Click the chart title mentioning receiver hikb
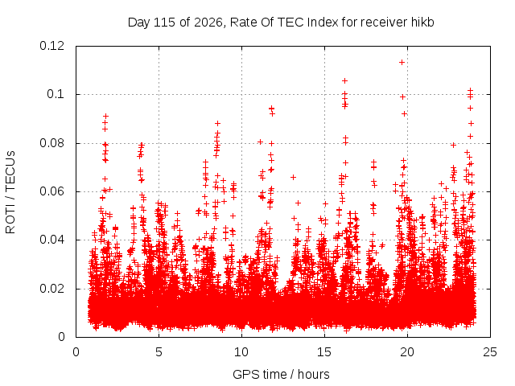coord(281,23)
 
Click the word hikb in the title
coord(422,23)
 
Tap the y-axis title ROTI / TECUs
coord(10,192)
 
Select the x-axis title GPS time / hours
coord(281,374)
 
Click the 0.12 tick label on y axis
coord(51,46)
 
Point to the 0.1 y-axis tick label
coord(56,94)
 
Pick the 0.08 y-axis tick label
coord(51,143)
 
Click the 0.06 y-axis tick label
coord(51,191)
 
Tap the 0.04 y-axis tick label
coord(51,240)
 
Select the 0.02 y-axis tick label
coord(51,289)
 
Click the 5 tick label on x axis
coord(159,352)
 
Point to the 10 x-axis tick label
coord(241,352)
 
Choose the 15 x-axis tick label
coord(324,352)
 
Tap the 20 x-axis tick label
coord(407,352)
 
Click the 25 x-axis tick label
coord(490,352)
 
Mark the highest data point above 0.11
coord(402,63)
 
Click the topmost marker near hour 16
coord(344,80)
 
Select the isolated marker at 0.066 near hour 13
coord(293,177)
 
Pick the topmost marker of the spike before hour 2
coord(105,116)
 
